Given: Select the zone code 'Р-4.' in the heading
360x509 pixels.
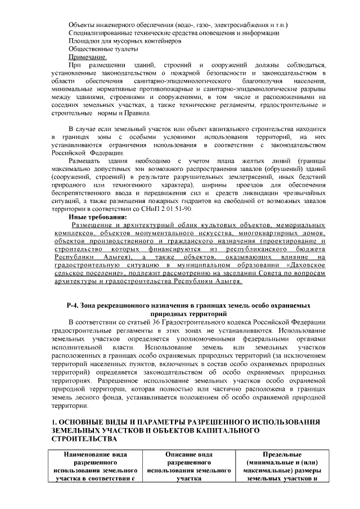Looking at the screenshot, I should point(74,305).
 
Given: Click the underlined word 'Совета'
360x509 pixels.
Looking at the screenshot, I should point(245,272).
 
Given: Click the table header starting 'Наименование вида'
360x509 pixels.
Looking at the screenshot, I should point(96,454).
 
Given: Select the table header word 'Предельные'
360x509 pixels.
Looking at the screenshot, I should point(283,454).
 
